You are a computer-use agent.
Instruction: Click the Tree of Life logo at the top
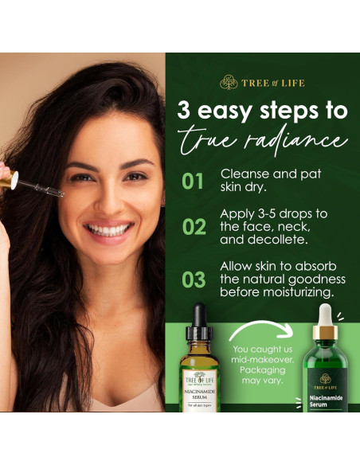(262, 82)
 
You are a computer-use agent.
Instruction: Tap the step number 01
(193, 182)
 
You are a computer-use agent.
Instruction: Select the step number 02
(194, 227)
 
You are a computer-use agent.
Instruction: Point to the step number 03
(194, 279)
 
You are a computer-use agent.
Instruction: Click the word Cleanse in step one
(246, 174)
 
